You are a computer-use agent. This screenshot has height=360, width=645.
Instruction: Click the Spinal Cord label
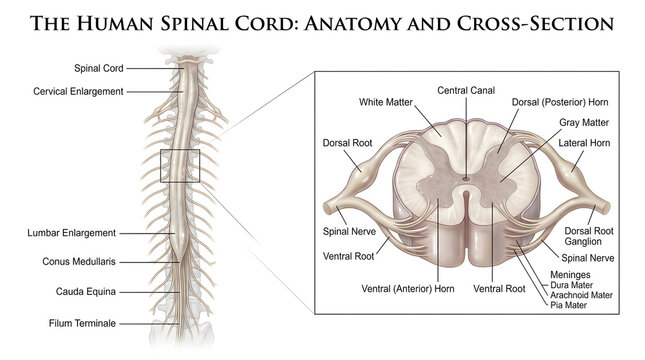[x=97, y=68]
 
